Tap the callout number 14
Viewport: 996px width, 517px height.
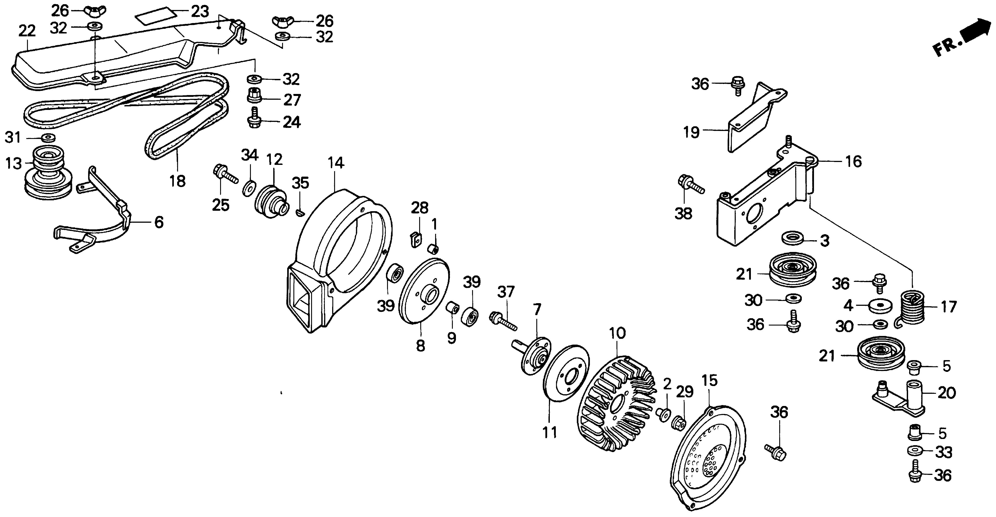336,163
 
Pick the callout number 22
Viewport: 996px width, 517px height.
27,31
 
